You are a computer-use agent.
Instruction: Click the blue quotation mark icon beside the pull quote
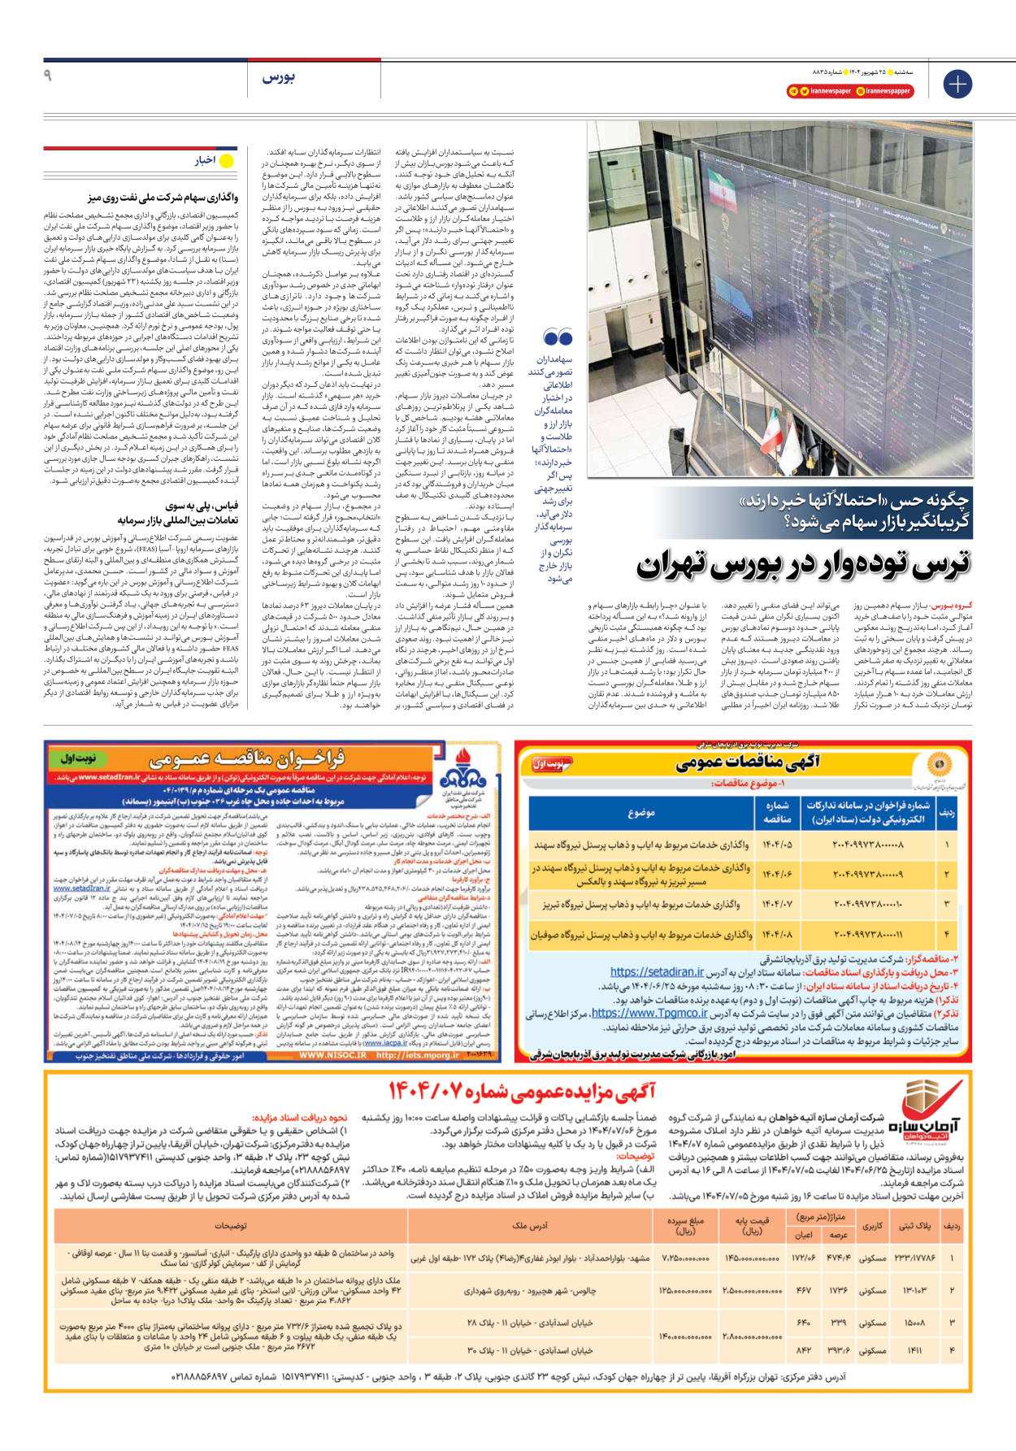point(558,337)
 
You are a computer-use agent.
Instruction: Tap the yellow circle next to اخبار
point(228,161)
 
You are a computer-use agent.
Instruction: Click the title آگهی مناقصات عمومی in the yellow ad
point(747,762)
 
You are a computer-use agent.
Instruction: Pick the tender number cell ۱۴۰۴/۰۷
point(777,904)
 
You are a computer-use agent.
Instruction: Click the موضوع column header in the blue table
point(640,813)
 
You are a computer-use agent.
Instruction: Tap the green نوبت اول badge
point(78,758)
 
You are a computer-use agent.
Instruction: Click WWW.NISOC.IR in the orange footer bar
point(332,1056)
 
